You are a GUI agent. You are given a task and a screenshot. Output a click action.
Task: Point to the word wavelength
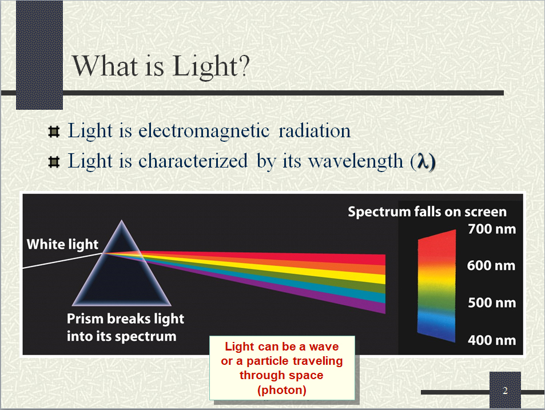coord(356,162)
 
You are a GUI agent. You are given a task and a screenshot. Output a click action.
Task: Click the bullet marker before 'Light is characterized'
coord(54,162)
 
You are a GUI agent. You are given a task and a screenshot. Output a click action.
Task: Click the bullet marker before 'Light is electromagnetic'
coord(54,132)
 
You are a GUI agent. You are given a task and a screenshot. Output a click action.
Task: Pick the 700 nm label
coord(491,229)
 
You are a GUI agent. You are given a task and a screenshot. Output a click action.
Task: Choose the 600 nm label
coord(491,266)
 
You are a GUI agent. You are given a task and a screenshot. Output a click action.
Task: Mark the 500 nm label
coord(492,302)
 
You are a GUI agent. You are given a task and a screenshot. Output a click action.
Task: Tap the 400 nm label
coord(492,340)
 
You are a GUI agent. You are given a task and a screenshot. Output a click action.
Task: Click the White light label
coord(62,245)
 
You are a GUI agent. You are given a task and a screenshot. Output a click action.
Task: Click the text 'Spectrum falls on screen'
coord(427,212)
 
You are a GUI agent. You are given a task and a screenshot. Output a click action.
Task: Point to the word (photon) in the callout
coord(282,390)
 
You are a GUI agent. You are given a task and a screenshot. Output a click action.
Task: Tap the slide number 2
coord(505,391)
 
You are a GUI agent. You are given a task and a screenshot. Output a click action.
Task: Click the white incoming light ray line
coord(62,261)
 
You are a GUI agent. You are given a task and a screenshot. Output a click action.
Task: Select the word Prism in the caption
coord(85,319)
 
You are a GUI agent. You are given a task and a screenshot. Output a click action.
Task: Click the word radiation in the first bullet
coord(315,131)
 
